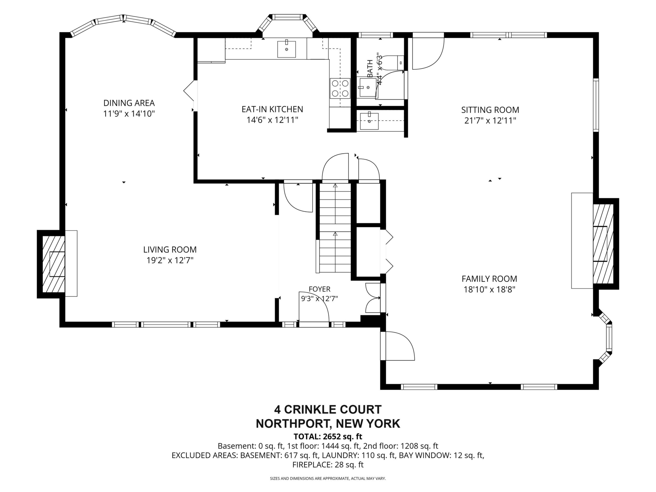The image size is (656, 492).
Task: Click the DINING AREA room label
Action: [129, 103]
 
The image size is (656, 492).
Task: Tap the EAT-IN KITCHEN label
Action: [272, 109]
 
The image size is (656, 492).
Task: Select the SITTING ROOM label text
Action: [490, 110]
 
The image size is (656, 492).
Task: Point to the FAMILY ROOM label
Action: [489, 279]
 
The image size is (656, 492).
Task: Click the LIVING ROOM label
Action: [170, 250]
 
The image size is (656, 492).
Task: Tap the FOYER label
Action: [319, 289]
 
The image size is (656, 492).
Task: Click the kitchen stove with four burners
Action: [340, 88]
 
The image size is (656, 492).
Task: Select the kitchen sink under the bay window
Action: [286, 49]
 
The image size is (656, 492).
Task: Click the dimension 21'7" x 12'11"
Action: [490, 121]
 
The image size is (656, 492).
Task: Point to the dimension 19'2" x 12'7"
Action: [170, 260]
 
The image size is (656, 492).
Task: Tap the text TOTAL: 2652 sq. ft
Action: [328, 437]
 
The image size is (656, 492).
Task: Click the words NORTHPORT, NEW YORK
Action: [328, 424]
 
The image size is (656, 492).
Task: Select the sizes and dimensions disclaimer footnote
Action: [328, 478]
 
